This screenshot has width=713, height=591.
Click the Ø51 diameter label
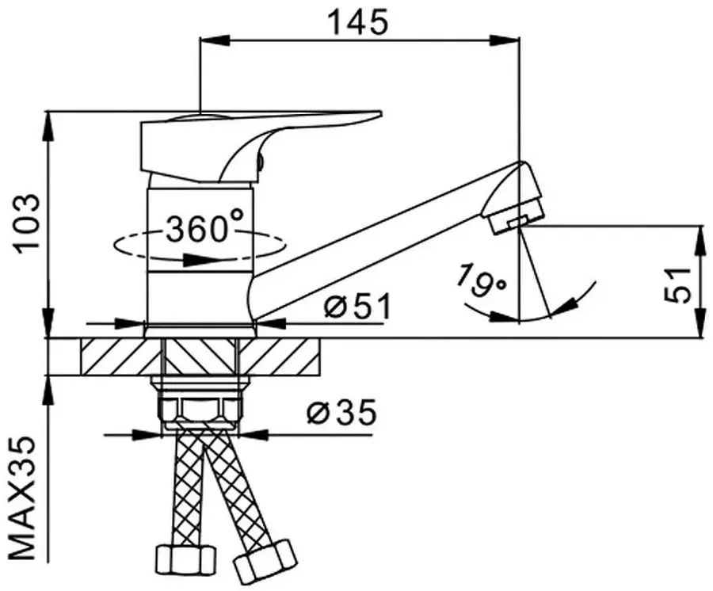[x=357, y=306]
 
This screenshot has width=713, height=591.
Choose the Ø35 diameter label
[x=341, y=414]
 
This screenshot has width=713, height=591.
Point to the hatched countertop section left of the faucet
[x=119, y=356]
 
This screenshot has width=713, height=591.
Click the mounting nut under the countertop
[x=201, y=409]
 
